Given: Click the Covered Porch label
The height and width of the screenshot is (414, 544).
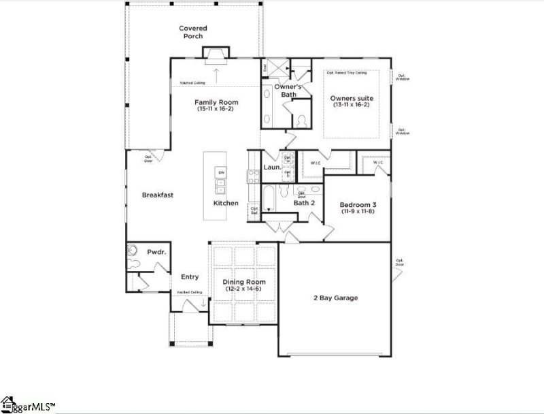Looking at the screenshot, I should (193, 33).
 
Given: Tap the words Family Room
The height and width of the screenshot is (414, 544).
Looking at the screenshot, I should (215, 101).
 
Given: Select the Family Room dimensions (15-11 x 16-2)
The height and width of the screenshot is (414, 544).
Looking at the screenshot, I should (215, 109).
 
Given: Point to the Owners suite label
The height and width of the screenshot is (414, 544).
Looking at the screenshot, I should (352, 98).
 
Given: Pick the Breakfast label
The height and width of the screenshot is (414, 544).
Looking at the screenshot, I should (158, 195).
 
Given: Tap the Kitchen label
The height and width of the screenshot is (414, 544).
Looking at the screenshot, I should (226, 204).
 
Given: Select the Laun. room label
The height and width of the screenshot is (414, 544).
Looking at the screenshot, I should (273, 167).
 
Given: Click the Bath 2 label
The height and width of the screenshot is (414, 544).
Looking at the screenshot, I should (305, 203).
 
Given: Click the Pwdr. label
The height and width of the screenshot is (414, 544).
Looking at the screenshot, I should (157, 252).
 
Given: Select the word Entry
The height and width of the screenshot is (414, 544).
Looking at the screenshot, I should (190, 276).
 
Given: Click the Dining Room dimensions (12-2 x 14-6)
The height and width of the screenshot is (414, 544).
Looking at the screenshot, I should (245, 289).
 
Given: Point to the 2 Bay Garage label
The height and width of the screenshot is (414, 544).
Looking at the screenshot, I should (335, 298).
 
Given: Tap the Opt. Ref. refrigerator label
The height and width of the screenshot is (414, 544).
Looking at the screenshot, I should (254, 210).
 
